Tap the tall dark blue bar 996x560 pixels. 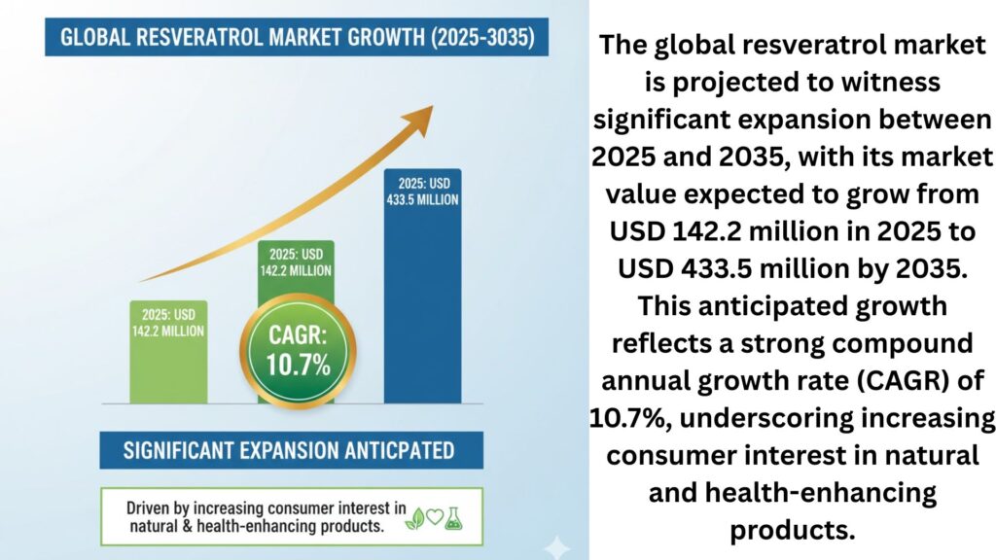pyautogui.click(x=422, y=311)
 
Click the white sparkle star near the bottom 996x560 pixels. pyautogui.click(x=557, y=546)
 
